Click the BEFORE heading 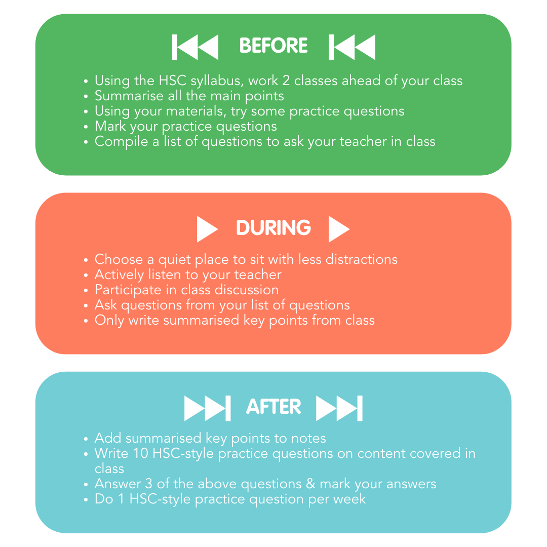pos(273,46)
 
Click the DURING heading pos(273,228)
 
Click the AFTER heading pos(273,407)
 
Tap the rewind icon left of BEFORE pos(196,47)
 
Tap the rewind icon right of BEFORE pos(352,47)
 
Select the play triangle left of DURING pos(207,229)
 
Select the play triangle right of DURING pos(339,229)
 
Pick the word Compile pos(122,142)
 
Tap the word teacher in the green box pos(360,141)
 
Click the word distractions pos(361,259)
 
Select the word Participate pos(129,290)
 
